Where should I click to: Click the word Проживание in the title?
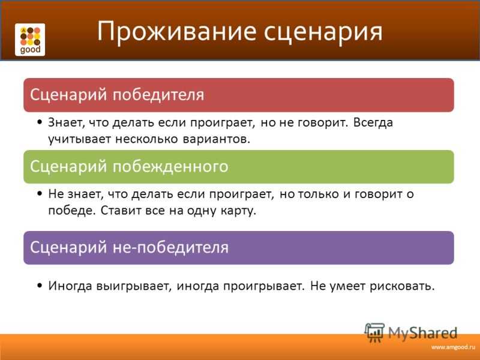[176, 31]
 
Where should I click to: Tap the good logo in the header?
[30, 40]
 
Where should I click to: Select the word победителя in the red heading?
[158, 95]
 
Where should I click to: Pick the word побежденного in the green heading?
[170, 167]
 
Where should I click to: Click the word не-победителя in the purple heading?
[170, 247]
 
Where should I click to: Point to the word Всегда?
[373, 122]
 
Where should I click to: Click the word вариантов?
[217, 139]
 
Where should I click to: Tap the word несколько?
[146, 139]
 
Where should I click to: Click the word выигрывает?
[134, 286]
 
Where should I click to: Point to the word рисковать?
[402, 286]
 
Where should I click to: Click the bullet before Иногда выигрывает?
[40, 286]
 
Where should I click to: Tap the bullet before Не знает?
[40, 194]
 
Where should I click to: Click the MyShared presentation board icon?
[374, 333]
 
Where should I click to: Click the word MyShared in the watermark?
[423, 333]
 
